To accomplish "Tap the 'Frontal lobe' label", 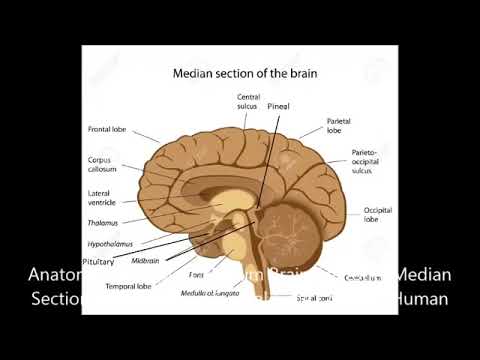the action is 107,129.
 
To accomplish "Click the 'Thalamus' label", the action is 104,224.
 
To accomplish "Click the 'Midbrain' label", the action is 146,261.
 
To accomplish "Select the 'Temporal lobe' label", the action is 128,286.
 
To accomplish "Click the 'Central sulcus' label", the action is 249,101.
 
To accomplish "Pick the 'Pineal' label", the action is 278,105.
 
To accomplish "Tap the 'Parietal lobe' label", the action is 339,125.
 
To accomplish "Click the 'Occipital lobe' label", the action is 378,215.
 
